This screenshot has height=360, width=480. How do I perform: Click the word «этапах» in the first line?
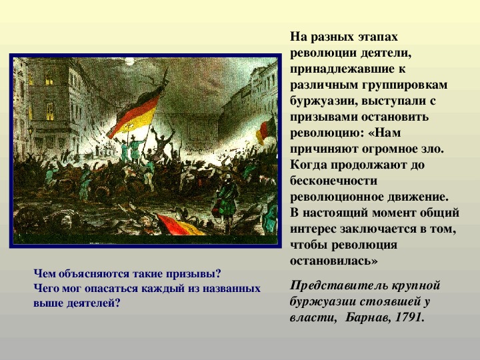(378, 37)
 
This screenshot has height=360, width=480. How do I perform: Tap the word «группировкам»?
(405, 85)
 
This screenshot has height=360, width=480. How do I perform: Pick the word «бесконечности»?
(334, 181)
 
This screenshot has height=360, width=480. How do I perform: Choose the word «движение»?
(418, 197)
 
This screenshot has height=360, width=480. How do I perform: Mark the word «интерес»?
(313, 229)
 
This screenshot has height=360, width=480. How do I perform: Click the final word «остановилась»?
(334, 261)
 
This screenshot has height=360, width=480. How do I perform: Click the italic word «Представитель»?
(334, 285)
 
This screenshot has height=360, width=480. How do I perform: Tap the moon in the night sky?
(129, 61)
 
